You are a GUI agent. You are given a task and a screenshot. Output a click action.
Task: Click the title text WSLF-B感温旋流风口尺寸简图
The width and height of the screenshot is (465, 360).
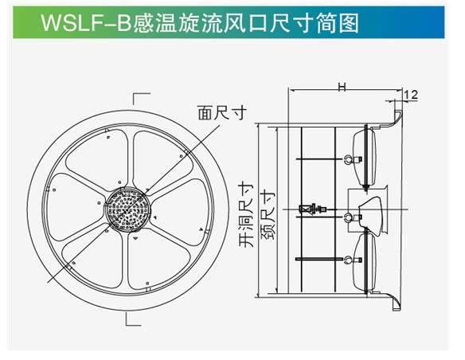point(200,23)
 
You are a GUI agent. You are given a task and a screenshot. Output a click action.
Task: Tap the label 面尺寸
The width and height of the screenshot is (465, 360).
point(222,112)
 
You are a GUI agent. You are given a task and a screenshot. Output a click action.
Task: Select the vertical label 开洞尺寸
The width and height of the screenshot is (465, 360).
point(247,216)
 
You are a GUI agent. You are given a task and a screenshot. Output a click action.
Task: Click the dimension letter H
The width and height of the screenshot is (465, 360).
point(342,87)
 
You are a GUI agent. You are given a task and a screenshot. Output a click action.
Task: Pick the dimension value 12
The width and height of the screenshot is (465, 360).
point(410,95)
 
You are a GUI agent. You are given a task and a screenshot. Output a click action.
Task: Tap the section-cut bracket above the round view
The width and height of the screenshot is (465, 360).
point(141,99)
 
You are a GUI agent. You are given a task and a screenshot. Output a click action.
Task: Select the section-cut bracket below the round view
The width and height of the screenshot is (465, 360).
point(133,319)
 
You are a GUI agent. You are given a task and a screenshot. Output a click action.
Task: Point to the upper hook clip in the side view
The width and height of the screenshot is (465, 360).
point(354,159)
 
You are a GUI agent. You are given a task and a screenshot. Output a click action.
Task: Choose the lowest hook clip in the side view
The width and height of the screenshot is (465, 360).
point(353,260)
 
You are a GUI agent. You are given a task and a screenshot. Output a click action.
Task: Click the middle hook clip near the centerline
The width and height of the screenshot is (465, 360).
point(352,218)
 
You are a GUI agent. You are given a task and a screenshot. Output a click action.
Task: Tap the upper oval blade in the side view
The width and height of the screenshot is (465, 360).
point(365,157)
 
